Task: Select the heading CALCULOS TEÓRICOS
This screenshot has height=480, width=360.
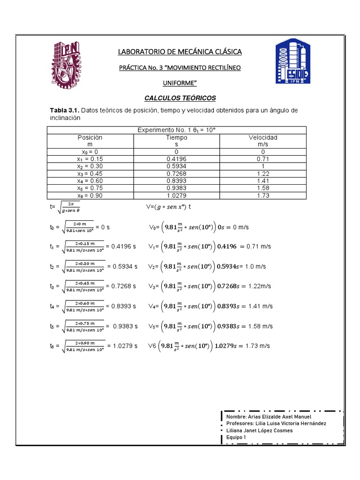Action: (x=180, y=98)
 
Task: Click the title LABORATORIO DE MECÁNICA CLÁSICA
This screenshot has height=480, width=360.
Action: (x=180, y=51)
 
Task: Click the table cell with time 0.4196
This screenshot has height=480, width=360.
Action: (x=176, y=159)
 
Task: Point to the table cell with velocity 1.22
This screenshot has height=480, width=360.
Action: (x=262, y=174)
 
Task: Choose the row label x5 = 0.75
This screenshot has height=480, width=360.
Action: (x=90, y=188)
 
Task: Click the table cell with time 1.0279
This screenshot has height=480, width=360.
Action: (x=176, y=195)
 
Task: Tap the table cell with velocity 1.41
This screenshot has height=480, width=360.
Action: (x=262, y=181)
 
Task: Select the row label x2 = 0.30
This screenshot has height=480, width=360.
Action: (x=90, y=166)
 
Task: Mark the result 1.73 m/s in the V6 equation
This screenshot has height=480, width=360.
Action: (x=257, y=346)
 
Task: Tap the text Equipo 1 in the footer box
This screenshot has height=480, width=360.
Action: (x=236, y=437)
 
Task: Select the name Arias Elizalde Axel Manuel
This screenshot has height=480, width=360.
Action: (x=268, y=417)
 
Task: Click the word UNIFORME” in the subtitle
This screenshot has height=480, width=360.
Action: (x=180, y=83)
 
